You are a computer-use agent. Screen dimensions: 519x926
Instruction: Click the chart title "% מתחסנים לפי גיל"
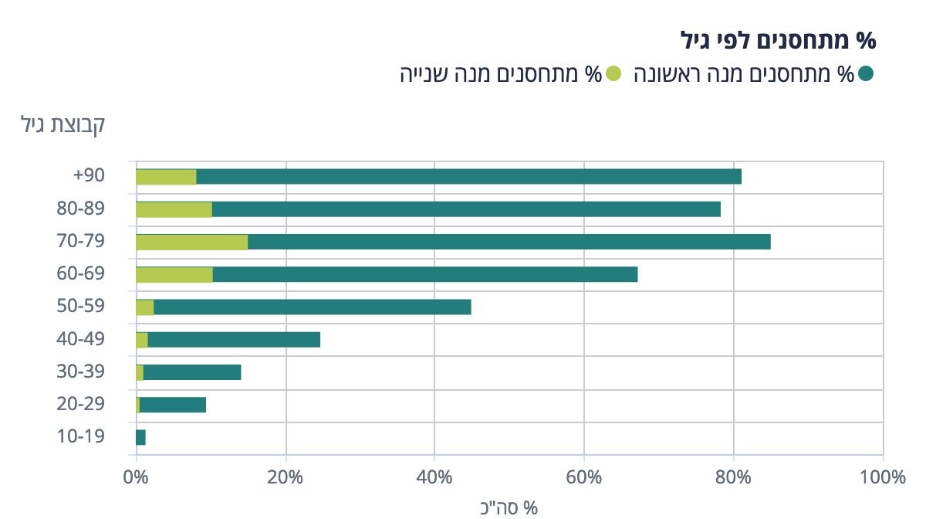point(780,39)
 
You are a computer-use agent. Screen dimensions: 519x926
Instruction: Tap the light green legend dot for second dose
point(613,74)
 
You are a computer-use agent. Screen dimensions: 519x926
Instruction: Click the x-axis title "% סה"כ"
point(509,507)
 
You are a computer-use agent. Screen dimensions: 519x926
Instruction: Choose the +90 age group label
point(89,176)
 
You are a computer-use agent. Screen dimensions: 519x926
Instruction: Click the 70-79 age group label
point(82,242)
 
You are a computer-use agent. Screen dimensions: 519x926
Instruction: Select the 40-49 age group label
point(82,339)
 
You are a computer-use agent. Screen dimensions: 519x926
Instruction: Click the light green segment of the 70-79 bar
point(191,242)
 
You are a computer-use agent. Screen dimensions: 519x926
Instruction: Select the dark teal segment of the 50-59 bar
point(313,307)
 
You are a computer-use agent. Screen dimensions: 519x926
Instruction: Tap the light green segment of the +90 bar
point(166,176)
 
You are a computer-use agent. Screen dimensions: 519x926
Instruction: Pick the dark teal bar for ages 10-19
point(140,437)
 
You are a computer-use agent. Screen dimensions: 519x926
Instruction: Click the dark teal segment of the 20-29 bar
point(173,405)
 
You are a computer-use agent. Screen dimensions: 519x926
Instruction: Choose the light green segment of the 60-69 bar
point(174,274)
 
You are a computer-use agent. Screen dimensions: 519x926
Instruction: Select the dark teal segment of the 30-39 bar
point(192,372)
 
